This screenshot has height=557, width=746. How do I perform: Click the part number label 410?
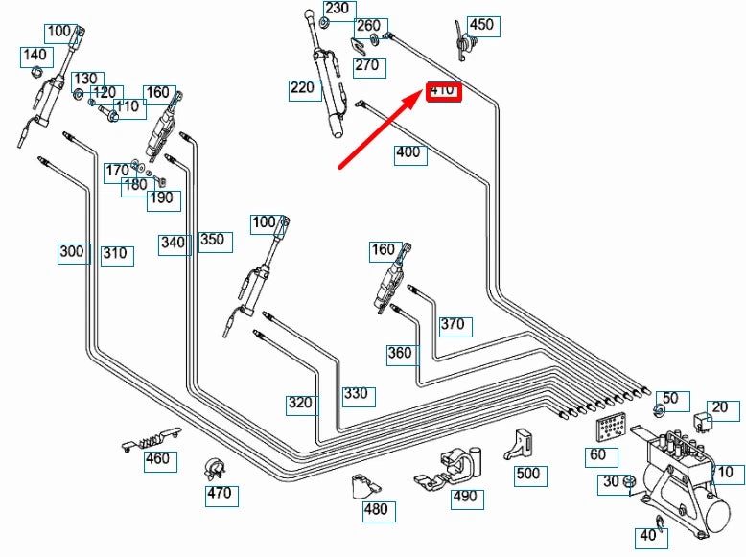point(444,91)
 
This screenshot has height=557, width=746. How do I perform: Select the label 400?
point(408,152)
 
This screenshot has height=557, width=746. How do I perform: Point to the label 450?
point(482,25)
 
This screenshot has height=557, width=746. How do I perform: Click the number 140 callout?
point(35,57)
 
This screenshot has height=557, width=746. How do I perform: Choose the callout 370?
point(454,325)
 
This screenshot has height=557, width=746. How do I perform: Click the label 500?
point(528,474)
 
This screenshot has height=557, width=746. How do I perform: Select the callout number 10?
point(725,473)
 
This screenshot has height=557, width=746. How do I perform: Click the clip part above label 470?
point(217,470)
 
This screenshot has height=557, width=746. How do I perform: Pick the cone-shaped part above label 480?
point(361,485)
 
